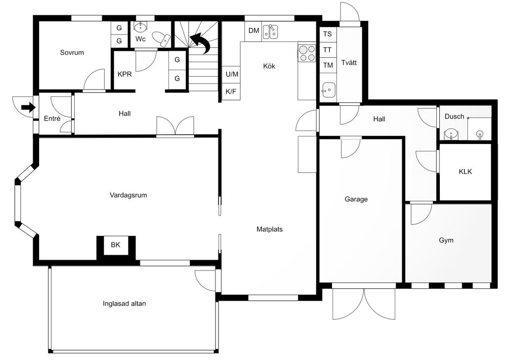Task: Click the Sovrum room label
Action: pos(72,52)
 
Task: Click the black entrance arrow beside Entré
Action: pos(28,107)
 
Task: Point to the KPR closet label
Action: pos(125,74)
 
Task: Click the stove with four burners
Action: pos(307,53)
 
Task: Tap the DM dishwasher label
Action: pos(253,31)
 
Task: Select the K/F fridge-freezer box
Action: pos(231,91)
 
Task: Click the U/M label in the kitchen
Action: pos(232,74)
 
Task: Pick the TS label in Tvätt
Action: pos(327,34)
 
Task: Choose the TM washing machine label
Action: pos(328,65)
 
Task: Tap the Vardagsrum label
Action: pos(128,195)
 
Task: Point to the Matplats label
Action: pos(269,229)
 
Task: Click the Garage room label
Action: pos(356,199)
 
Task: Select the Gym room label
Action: pos(446,240)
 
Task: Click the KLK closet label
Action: pos(465,172)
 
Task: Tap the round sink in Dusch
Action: pos(450,134)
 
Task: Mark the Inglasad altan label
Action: pos(124,304)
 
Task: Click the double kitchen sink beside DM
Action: pos(270,32)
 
